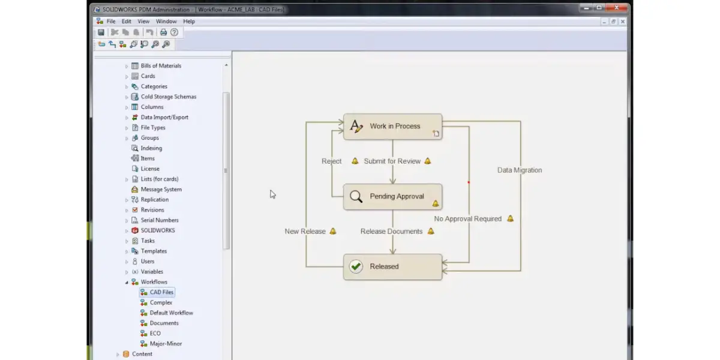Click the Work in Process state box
click(x=392, y=127)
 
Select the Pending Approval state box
click(x=392, y=197)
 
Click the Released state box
click(x=392, y=267)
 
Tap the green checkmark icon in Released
click(x=356, y=266)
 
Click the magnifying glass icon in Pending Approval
click(x=356, y=196)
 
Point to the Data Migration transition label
click(x=520, y=170)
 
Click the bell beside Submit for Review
click(x=427, y=161)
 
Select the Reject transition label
click(x=331, y=161)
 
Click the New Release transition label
click(x=305, y=231)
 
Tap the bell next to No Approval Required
click(x=510, y=218)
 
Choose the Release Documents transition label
click(x=391, y=231)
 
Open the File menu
click(x=111, y=21)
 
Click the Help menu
click(x=189, y=21)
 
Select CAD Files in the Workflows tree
click(x=161, y=292)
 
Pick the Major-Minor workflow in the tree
click(x=166, y=344)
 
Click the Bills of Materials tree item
click(x=161, y=65)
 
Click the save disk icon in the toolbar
click(x=101, y=32)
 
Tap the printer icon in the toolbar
click(x=163, y=32)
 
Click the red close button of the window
click(x=617, y=7)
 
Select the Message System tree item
click(x=161, y=190)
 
